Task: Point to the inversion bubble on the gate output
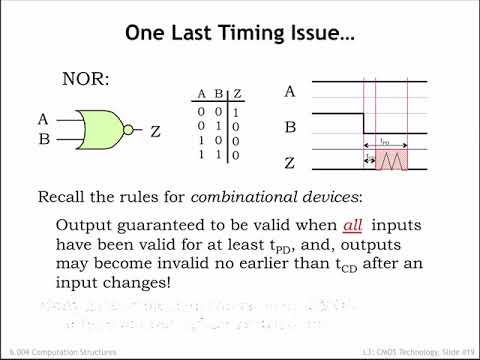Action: point(129,129)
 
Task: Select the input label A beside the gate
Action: point(43,119)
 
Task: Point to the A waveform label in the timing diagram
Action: point(290,92)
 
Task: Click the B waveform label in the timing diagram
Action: point(290,128)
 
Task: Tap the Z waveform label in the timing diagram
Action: point(290,163)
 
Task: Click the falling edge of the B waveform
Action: point(363,123)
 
